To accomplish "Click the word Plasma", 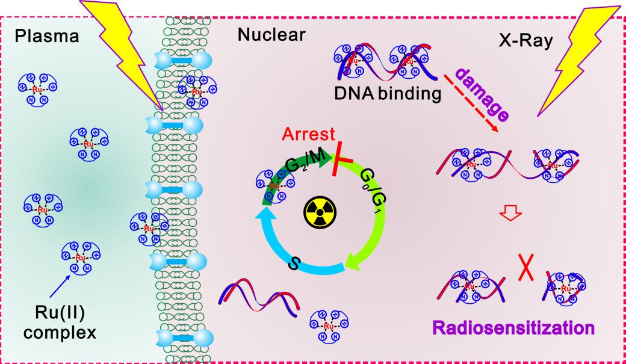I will pos(47,36).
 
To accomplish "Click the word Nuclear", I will pos(271,35).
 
